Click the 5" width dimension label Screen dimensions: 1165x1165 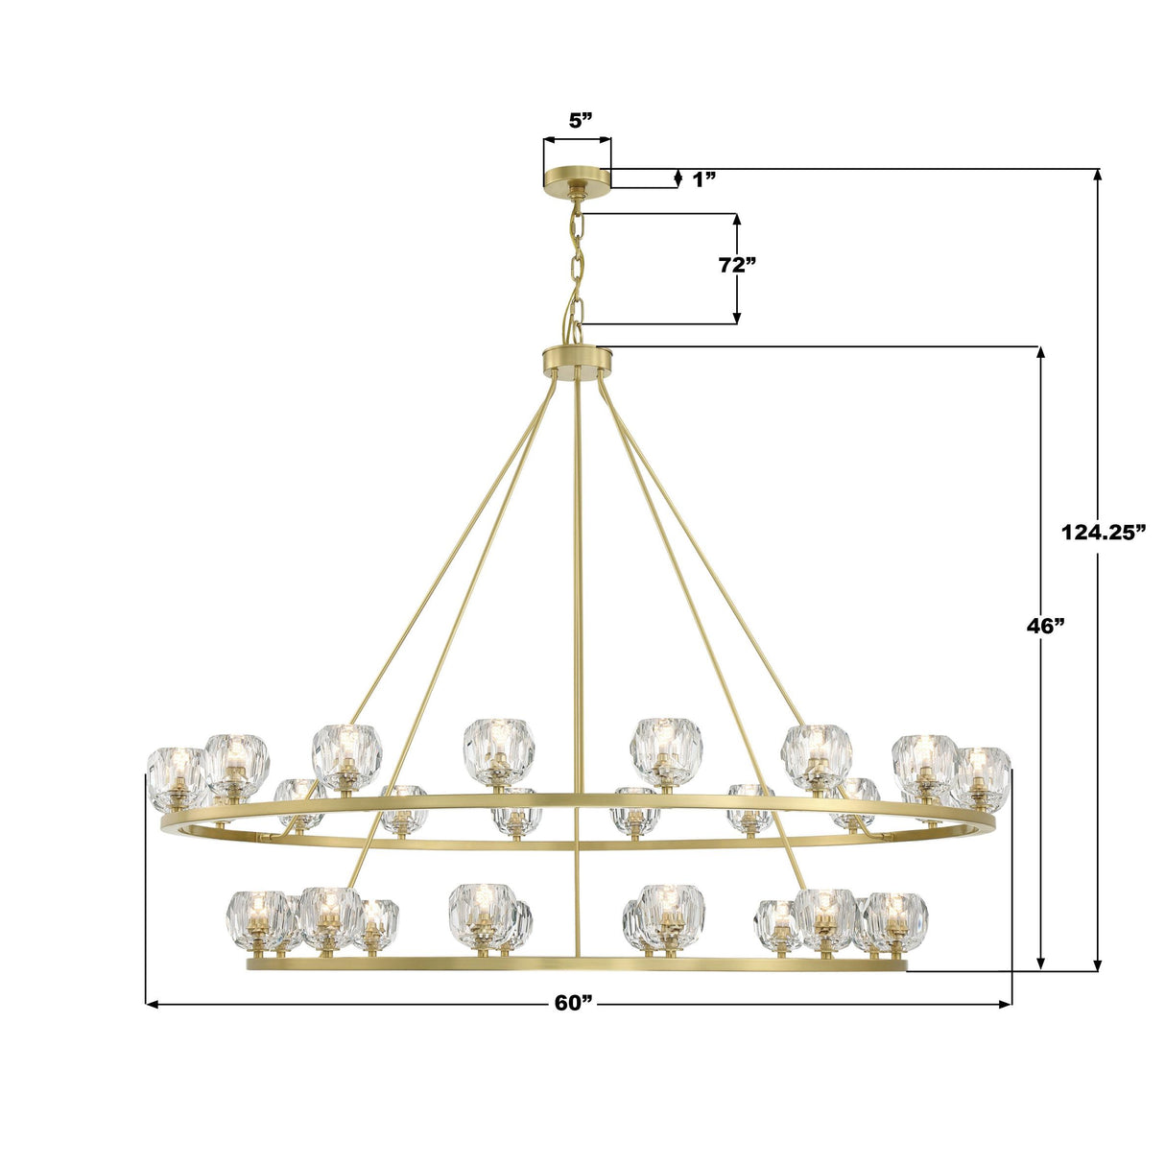[x=581, y=120]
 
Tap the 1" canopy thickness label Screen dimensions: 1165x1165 [x=704, y=178]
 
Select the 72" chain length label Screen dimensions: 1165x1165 [x=737, y=265]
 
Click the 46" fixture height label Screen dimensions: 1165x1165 [x=1046, y=627]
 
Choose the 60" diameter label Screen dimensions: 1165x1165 [x=575, y=1003]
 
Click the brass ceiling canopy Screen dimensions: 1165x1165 [x=577, y=178]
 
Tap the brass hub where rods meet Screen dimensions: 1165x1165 [x=577, y=362]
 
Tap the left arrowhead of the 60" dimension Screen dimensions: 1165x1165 [x=151, y=1004]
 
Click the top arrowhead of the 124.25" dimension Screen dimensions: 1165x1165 [x=1098, y=175]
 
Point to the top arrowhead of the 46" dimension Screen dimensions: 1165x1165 [x=1041, y=351]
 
